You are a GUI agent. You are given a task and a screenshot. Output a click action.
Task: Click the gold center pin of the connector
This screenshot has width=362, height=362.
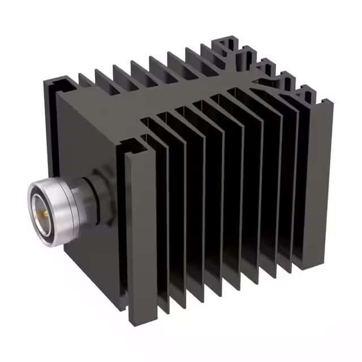(x=40, y=212)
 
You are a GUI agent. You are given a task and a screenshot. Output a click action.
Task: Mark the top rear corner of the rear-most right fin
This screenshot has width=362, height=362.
(x=329, y=102)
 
